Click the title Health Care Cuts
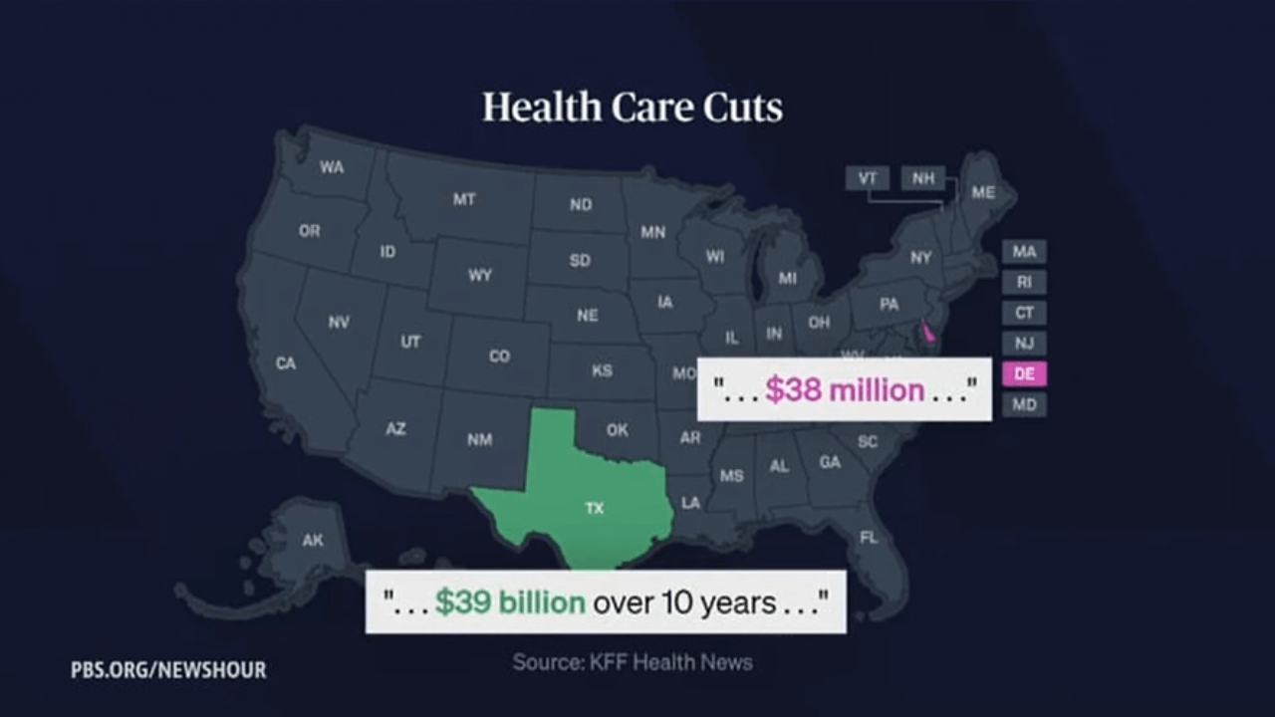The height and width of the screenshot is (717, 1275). coord(633,108)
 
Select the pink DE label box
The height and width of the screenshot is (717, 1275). coord(1024,374)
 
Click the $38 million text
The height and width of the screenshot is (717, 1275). coord(845,390)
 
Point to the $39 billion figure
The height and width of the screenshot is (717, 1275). coord(510,602)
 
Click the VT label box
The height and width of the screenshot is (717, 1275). coord(868,178)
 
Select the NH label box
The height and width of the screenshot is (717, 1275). coord(923,178)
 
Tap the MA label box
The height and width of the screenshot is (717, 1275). coord(1024,251)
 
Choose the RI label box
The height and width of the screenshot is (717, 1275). coord(1024,282)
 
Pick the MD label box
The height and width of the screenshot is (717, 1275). coord(1024,404)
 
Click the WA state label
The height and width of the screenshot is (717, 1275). coord(332,167)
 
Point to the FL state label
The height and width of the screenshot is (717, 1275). coord(869,538)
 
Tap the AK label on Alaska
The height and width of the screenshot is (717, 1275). coord(313,541)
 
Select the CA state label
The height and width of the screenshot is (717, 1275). coord(286,363)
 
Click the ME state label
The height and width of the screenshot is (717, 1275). coord(983,192)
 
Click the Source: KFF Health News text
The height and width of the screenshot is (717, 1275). coord(633,661)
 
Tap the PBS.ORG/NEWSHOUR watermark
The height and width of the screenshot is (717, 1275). coord(168,670)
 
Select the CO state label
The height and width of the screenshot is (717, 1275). coord(499,356)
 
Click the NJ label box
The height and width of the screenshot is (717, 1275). coord(1024,344)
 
